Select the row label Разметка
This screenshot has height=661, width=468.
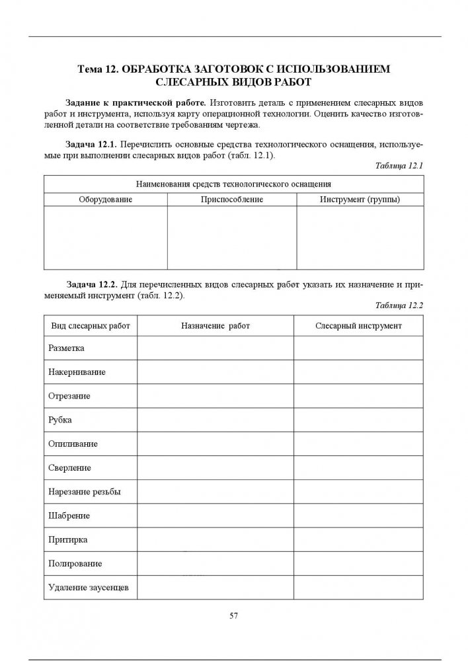(x=66, y=348)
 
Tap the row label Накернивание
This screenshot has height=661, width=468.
(x=77, y=371)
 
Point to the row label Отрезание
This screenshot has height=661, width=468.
(x=69, y=395)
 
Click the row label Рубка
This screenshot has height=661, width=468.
(x=60, y=419)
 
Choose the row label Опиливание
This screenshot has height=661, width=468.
(x=73, y=444)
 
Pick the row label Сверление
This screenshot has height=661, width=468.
(x=69, y=467)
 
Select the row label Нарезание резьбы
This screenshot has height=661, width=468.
(x=84, y=491)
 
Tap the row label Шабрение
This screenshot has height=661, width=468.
(x=69, y=515)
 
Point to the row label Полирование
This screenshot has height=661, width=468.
(x=75, y=563)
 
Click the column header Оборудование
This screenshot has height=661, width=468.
(x=106, y=199)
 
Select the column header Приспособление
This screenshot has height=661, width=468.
(x=232, y=199)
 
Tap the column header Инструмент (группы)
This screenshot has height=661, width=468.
(x=360, y=199)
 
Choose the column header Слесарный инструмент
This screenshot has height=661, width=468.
(x=358, y=326)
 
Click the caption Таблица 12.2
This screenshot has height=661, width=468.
(x=398, y=305)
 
